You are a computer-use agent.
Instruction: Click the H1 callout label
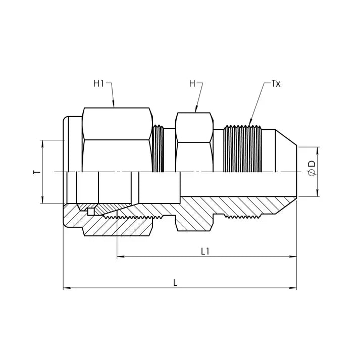point(98,83)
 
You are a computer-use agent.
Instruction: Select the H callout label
point(192,83)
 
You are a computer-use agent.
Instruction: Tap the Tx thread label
point(276,83)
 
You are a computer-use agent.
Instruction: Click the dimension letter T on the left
point(35,172)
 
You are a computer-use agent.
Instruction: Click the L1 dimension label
point(205,251)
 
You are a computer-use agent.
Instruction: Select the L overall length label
point(175,283)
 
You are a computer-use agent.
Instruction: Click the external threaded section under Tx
point(243,149)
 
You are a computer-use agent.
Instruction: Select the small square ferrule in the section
point(90,212)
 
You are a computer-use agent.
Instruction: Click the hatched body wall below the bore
point(227,204)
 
